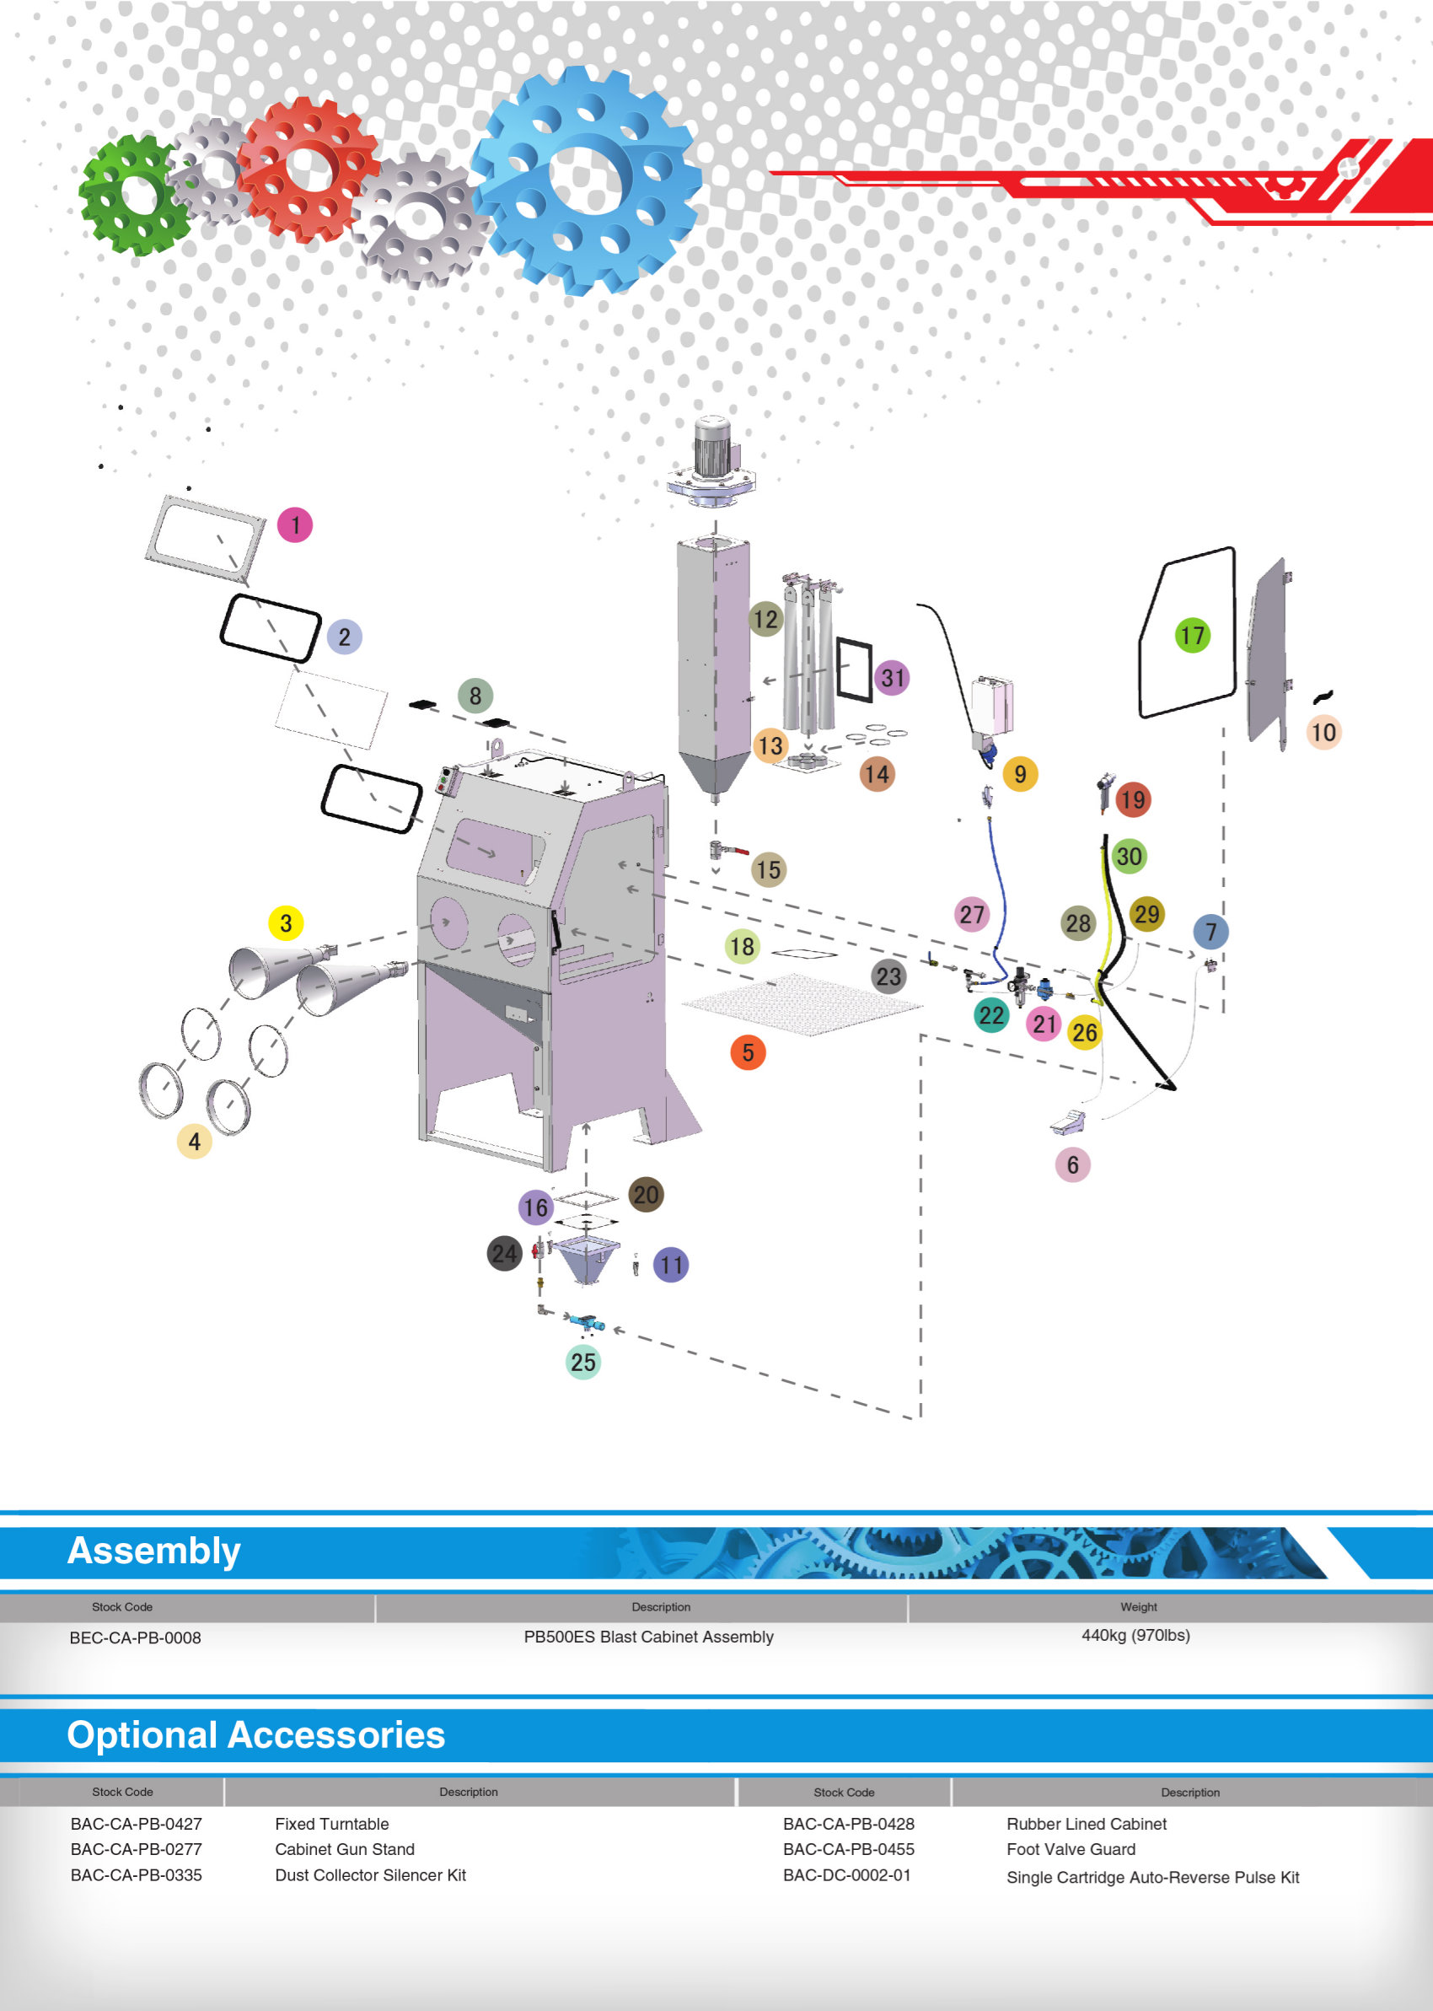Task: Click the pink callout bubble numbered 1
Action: [x=295, y=525]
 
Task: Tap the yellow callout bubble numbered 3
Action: [x=285, y=923]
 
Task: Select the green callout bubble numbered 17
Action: [x=1192, y=635]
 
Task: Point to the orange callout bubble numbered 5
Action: [x=748, y=1051]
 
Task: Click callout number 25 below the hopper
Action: [x=582, y=1362]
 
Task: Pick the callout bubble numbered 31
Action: [x=892, y=678]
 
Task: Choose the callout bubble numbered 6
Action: [x=1072, y=1164]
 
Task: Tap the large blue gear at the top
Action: [x=587, y=181]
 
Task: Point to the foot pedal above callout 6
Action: [x=1069, y=1121]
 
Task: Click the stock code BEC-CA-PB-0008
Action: [x=135, y=1637]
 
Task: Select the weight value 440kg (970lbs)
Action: [x=1135, y=1635]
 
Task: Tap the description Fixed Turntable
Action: [x=332, y=1824]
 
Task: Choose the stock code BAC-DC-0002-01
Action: [x=846, y=1875]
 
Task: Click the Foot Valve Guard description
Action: [x=1071, y=1849]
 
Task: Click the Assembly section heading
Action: [x=154, y=1551]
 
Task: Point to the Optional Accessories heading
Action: [x=256, y=1734]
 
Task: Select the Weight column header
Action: [x=1138, y=1607]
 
